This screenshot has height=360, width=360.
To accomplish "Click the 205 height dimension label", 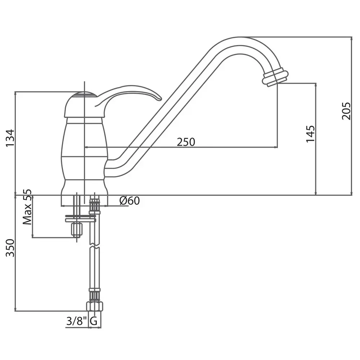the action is [346, 111].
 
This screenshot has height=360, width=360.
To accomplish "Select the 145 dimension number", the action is [310, 134].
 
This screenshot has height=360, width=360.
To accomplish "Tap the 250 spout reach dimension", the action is [186, 142].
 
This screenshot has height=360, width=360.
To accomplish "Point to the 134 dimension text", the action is [10, 138].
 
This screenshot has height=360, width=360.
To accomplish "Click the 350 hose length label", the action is [10, 248].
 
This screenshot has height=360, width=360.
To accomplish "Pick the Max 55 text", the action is [27, 207].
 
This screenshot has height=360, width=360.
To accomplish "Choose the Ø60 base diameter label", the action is [130, 201].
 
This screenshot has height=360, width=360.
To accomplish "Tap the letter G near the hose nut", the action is [94, 321].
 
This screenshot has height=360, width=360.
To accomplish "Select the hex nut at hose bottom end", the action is [94, 306].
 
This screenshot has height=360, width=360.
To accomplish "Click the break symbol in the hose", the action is [95, 246].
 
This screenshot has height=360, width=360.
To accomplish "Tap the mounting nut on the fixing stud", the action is [76, 229].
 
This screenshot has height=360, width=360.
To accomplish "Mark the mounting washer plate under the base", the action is [80, 218].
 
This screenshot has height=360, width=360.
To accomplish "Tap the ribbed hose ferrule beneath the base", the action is [94, 206].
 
